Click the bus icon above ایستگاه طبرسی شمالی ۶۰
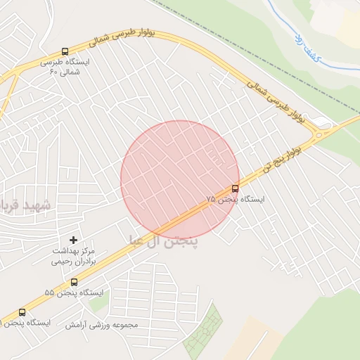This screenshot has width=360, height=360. tap(65, 51)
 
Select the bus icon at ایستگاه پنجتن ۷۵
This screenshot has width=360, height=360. tap(235, 188)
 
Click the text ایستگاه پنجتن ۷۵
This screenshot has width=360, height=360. tap(236, 200)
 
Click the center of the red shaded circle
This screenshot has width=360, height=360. tap(180, 180)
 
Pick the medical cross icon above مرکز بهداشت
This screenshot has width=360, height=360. tap(74, 240)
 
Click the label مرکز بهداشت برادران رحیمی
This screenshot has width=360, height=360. tap(72, 255)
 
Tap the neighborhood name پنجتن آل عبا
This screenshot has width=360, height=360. tap(163, 241)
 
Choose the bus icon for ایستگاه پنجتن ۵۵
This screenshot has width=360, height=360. tap(74, 282)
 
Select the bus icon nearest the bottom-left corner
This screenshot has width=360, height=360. tap(22, 312)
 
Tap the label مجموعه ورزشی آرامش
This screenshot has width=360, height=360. tap(102, 325)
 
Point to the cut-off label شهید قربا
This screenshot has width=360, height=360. tap(25, 205)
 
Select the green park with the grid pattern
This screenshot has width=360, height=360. tap(204, 334)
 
